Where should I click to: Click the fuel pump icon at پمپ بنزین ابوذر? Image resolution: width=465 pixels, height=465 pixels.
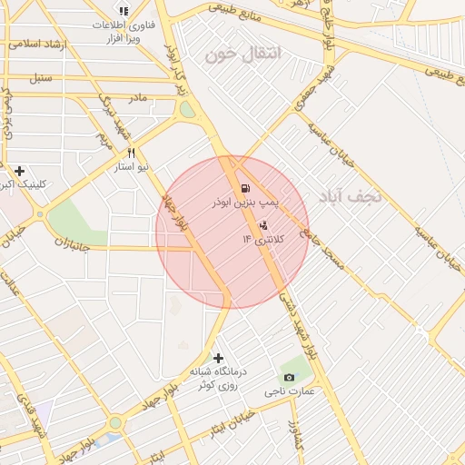pyautogui.click(x=244, y=189)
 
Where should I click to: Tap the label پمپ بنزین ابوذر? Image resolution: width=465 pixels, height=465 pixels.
pyautogui.click(x=243, y=203)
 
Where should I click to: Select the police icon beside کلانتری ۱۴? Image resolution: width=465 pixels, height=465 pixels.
pyautogui.click(x=263, y=224)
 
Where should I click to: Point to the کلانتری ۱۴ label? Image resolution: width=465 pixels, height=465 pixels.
pyautogui.click(x=263, y=238)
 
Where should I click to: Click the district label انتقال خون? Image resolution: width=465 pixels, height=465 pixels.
pyautogui.click(x=244, y=54)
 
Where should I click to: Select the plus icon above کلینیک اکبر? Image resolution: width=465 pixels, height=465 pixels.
pyautogui.click(x=19, y=170)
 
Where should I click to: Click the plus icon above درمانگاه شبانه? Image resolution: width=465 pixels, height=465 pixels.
pyautogui.click(x=217, y=358)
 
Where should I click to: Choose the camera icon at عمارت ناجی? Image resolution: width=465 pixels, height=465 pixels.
pyautogui.click(x=289, y=377)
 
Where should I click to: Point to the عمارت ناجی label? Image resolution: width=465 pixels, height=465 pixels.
pyautogui.click(x=289, y=391)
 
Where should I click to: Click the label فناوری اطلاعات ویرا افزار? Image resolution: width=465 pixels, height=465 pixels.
pyautogui.click(x=122, y=34)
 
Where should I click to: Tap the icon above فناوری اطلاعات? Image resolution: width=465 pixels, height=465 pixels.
pyautogui.click(x=124, y=11)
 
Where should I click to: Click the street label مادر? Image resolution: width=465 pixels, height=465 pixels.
pyautogui.click(x=136, y=96)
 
